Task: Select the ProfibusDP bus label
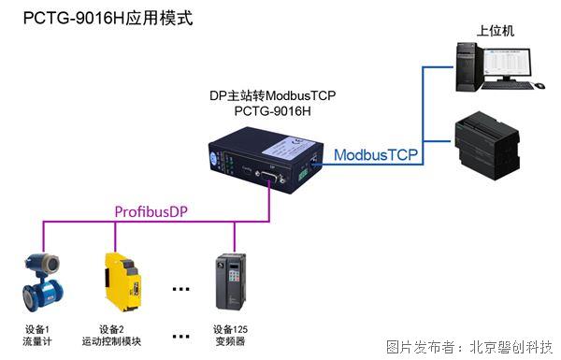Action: tap(151, 211)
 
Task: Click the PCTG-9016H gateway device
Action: tap(258, 165)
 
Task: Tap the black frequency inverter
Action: tap(230, 281)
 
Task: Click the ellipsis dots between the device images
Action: tap(180, 288)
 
